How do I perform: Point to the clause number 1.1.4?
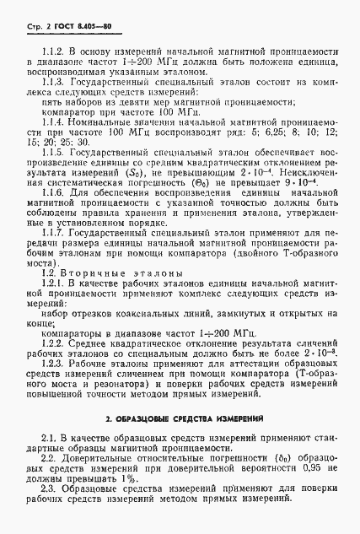[55, 145]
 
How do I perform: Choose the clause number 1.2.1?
[55, 332]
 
